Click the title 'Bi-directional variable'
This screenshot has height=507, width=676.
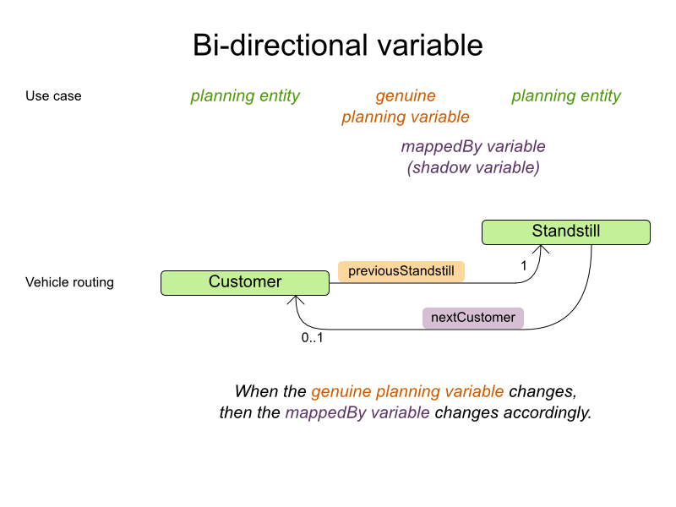click(338, 44)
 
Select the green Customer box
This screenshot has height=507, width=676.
click(245, 282)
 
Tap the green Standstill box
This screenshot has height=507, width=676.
click(566, 232)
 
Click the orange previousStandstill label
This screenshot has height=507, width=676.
click(401, 271)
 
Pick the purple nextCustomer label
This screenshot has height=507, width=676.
click(473, 318)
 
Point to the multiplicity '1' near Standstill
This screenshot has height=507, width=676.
click(524, 264)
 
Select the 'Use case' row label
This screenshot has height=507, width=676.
click(53, 96)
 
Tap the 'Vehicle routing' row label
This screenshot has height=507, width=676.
click(69, 282)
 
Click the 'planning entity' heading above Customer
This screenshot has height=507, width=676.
click(245, 96)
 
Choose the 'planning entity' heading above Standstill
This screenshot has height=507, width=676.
click(566, 96)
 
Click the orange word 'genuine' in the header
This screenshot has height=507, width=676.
click(406, 96)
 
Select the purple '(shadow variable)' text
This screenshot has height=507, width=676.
click(473, 167)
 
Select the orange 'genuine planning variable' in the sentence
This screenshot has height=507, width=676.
click(407, 392)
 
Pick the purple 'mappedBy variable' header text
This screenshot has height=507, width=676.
click(473, 147)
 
